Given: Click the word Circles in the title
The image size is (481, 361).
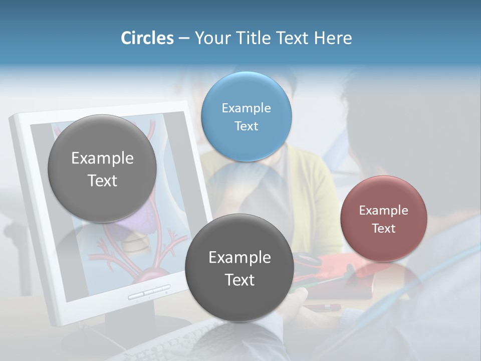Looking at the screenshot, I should [147, 38].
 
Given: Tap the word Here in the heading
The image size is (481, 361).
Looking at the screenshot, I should [333, 38].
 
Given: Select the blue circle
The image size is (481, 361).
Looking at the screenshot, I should [246, 116].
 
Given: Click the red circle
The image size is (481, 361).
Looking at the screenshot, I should [383, 219].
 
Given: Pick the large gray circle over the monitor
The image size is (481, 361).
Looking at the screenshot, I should [102, 168].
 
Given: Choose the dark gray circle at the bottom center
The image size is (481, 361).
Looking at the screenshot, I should [239, 268].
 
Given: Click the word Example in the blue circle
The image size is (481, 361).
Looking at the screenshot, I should [246, 108].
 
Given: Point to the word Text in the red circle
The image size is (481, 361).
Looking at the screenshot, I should [383, 229].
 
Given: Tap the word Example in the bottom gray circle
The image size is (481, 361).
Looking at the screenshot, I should [239, 258].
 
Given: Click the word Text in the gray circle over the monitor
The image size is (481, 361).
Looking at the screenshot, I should [102, 180].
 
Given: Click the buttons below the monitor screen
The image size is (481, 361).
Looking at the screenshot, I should [149, 292].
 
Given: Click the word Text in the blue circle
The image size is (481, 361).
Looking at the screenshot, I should [246, 126].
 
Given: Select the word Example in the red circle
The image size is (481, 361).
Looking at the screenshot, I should [383, 210].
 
